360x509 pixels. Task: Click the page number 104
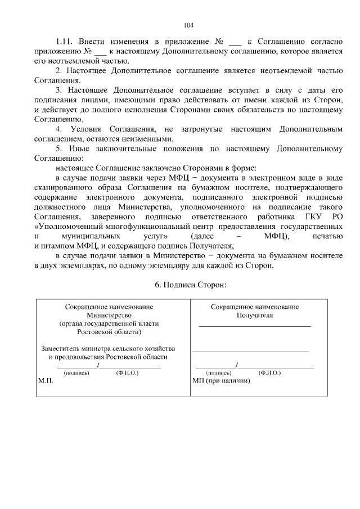coord(188,25)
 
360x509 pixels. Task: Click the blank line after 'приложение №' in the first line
coord(236,43)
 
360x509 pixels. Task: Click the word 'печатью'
coord(327,236)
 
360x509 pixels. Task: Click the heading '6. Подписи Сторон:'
coord(190,285)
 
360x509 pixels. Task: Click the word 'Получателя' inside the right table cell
coord(254,316)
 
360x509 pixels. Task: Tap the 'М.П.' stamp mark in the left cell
coord(45,381)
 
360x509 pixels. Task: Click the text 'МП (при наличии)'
coord(220,381)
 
